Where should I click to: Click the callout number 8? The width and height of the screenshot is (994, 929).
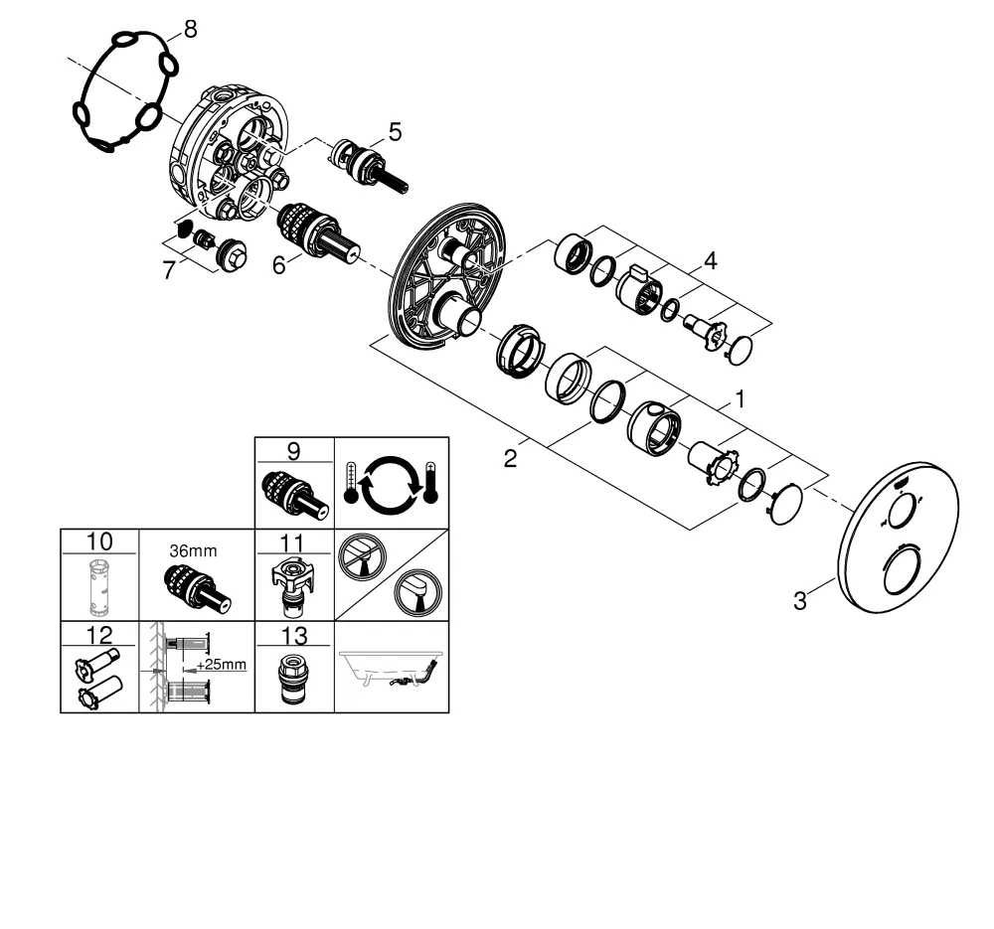(189, 29)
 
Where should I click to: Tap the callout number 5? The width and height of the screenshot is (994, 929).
(396, 131)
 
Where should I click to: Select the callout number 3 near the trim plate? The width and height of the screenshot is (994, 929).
(798, 600)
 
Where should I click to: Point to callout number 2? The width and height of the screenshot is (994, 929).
(510, 459)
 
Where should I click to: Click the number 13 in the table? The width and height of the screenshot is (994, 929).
(293, 635)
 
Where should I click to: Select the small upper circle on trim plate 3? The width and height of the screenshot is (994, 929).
(900, 512)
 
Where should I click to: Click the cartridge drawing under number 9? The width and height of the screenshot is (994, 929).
(293, 494)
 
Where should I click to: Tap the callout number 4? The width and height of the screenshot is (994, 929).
(710, 261)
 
